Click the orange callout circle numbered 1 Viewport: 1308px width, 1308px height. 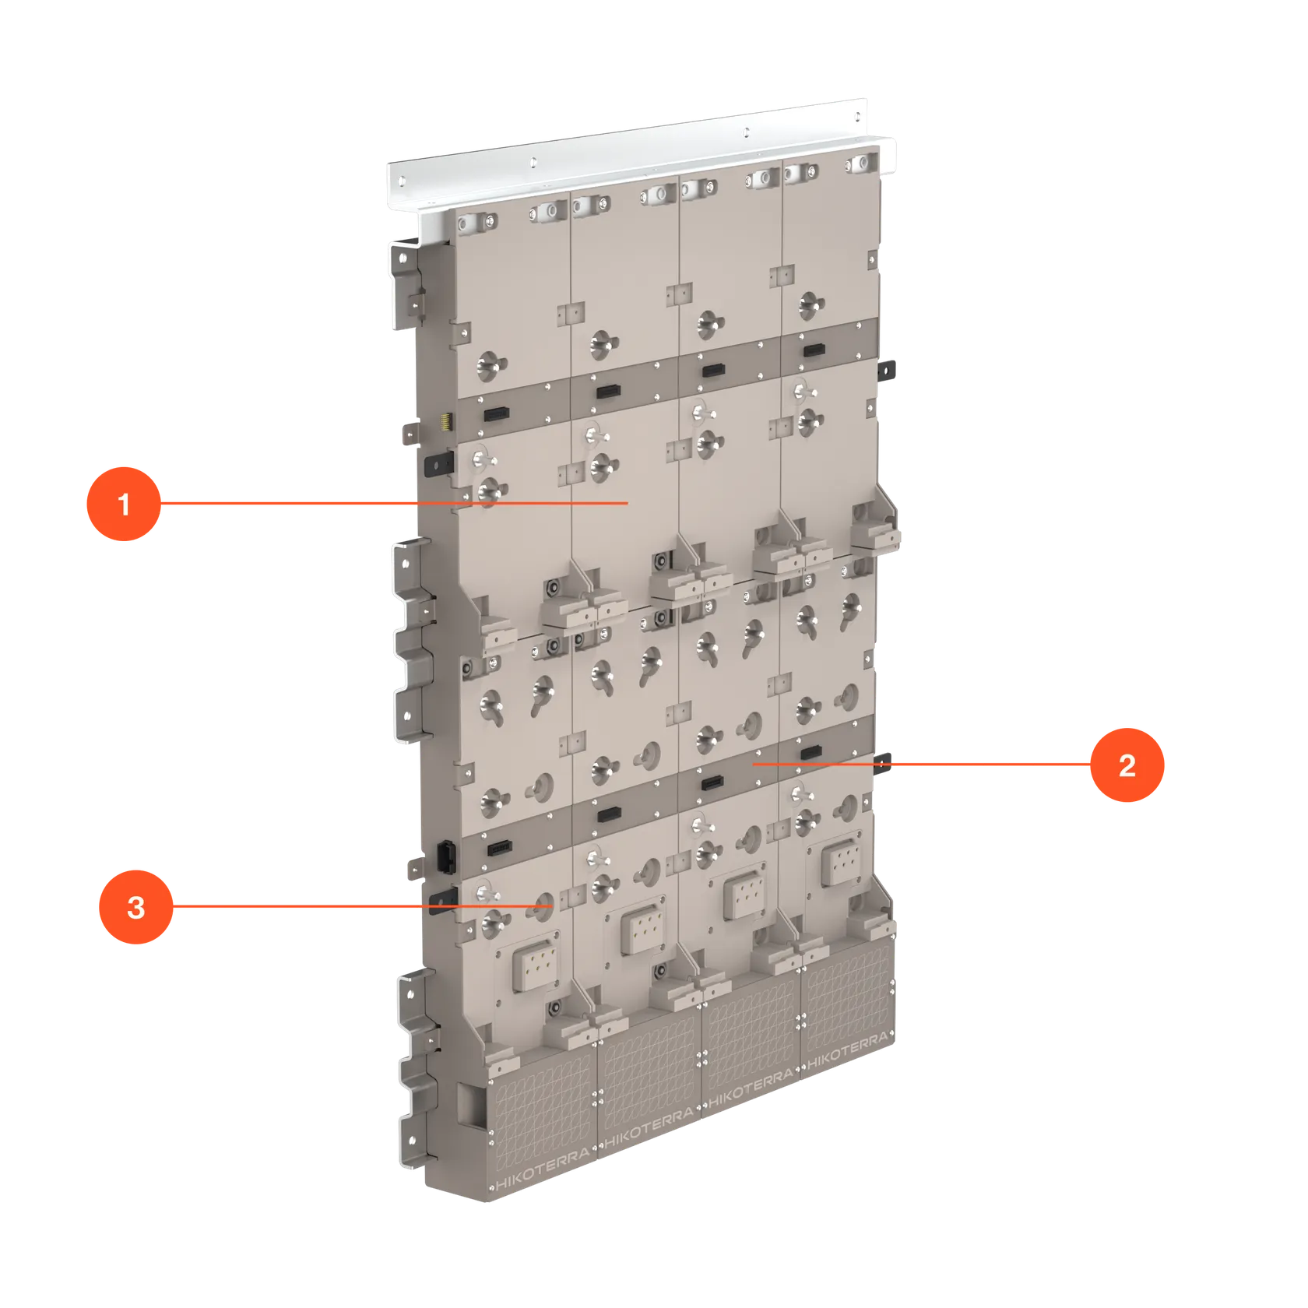(x=124, y=504)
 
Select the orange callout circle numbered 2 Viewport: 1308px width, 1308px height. (x=1127, y=765)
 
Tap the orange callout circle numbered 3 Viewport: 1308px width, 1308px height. (x=136, y=907)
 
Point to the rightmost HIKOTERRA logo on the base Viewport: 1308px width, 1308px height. (x=847, y=1050)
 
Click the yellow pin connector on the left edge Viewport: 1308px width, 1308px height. (x=446, y=422)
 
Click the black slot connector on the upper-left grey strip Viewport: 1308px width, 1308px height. (x=497, y=413)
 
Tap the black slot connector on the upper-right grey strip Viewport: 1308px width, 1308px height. (x=814, y=350)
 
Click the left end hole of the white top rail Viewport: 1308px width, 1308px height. (x=402, y=181)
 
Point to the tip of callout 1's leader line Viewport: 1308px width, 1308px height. (x=628, y=504)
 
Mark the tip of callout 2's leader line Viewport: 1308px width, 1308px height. (x=754, y=765)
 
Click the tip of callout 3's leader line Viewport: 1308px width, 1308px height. (x=552, y=906)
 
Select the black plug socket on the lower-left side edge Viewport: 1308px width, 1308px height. (x=445, y=856)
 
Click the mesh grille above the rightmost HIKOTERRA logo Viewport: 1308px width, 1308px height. (x=847, y=997)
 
